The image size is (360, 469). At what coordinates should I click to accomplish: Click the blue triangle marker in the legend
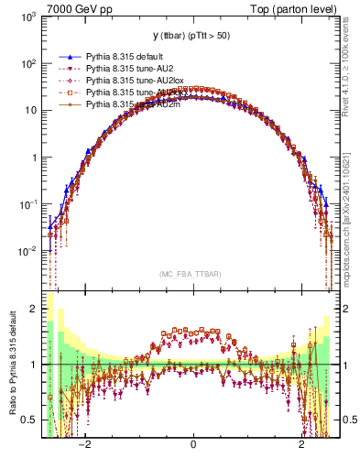click(67, 57)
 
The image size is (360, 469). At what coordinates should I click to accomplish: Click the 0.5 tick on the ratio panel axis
click(29, 420)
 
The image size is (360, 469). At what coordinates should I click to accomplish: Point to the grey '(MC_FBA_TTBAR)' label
click(193, 273)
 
